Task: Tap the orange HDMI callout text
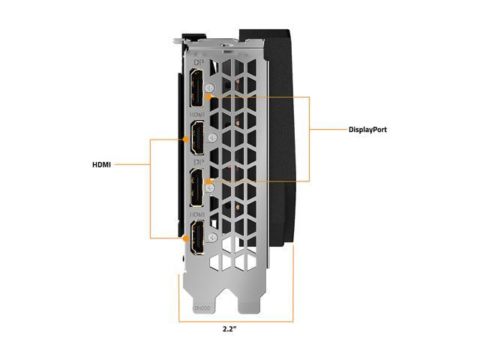101,164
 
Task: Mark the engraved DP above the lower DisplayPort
197,163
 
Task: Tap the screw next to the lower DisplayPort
212,187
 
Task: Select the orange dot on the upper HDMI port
185,139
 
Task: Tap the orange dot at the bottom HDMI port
185,238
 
